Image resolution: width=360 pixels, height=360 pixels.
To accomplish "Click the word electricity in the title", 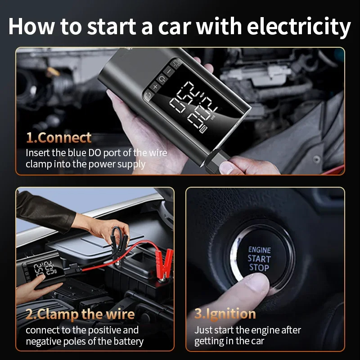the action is click(x=299, y=27).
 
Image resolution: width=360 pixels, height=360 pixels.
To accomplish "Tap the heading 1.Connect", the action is click(x=59, y=138).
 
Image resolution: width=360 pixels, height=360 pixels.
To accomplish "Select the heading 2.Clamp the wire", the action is click(x=80, y=314).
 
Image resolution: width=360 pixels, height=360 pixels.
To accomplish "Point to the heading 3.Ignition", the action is click(x=225, y=314).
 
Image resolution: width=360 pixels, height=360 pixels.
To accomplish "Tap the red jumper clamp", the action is click(x=163, y=264).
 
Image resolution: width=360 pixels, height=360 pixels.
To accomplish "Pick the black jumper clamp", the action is click(x=119, y=241).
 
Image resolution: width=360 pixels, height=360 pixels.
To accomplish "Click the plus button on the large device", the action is click(x=156, y=87).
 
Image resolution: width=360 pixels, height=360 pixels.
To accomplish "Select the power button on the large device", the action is click(x=162, y=79).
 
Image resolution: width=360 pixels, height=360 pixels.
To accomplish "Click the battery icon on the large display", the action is click(x=203, y=129).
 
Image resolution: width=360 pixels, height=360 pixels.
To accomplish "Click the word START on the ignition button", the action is click(x=259, y=259).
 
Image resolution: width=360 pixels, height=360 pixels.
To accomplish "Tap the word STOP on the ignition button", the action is click(x=259, y=268).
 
